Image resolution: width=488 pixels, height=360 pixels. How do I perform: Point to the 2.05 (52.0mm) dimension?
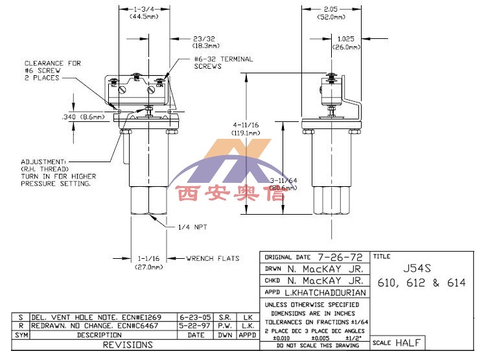(331, 14)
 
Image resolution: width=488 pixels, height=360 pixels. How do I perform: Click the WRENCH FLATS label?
(213, 258)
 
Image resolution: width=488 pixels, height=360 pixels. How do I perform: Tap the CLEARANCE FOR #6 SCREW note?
(53, 70)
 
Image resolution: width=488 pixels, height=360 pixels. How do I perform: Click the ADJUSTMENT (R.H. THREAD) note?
(58, 172)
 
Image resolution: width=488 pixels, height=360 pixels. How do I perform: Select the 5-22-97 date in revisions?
(196, 326)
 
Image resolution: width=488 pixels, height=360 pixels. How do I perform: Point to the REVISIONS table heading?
(128, 345)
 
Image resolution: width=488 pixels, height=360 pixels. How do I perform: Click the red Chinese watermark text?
(230, 194)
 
